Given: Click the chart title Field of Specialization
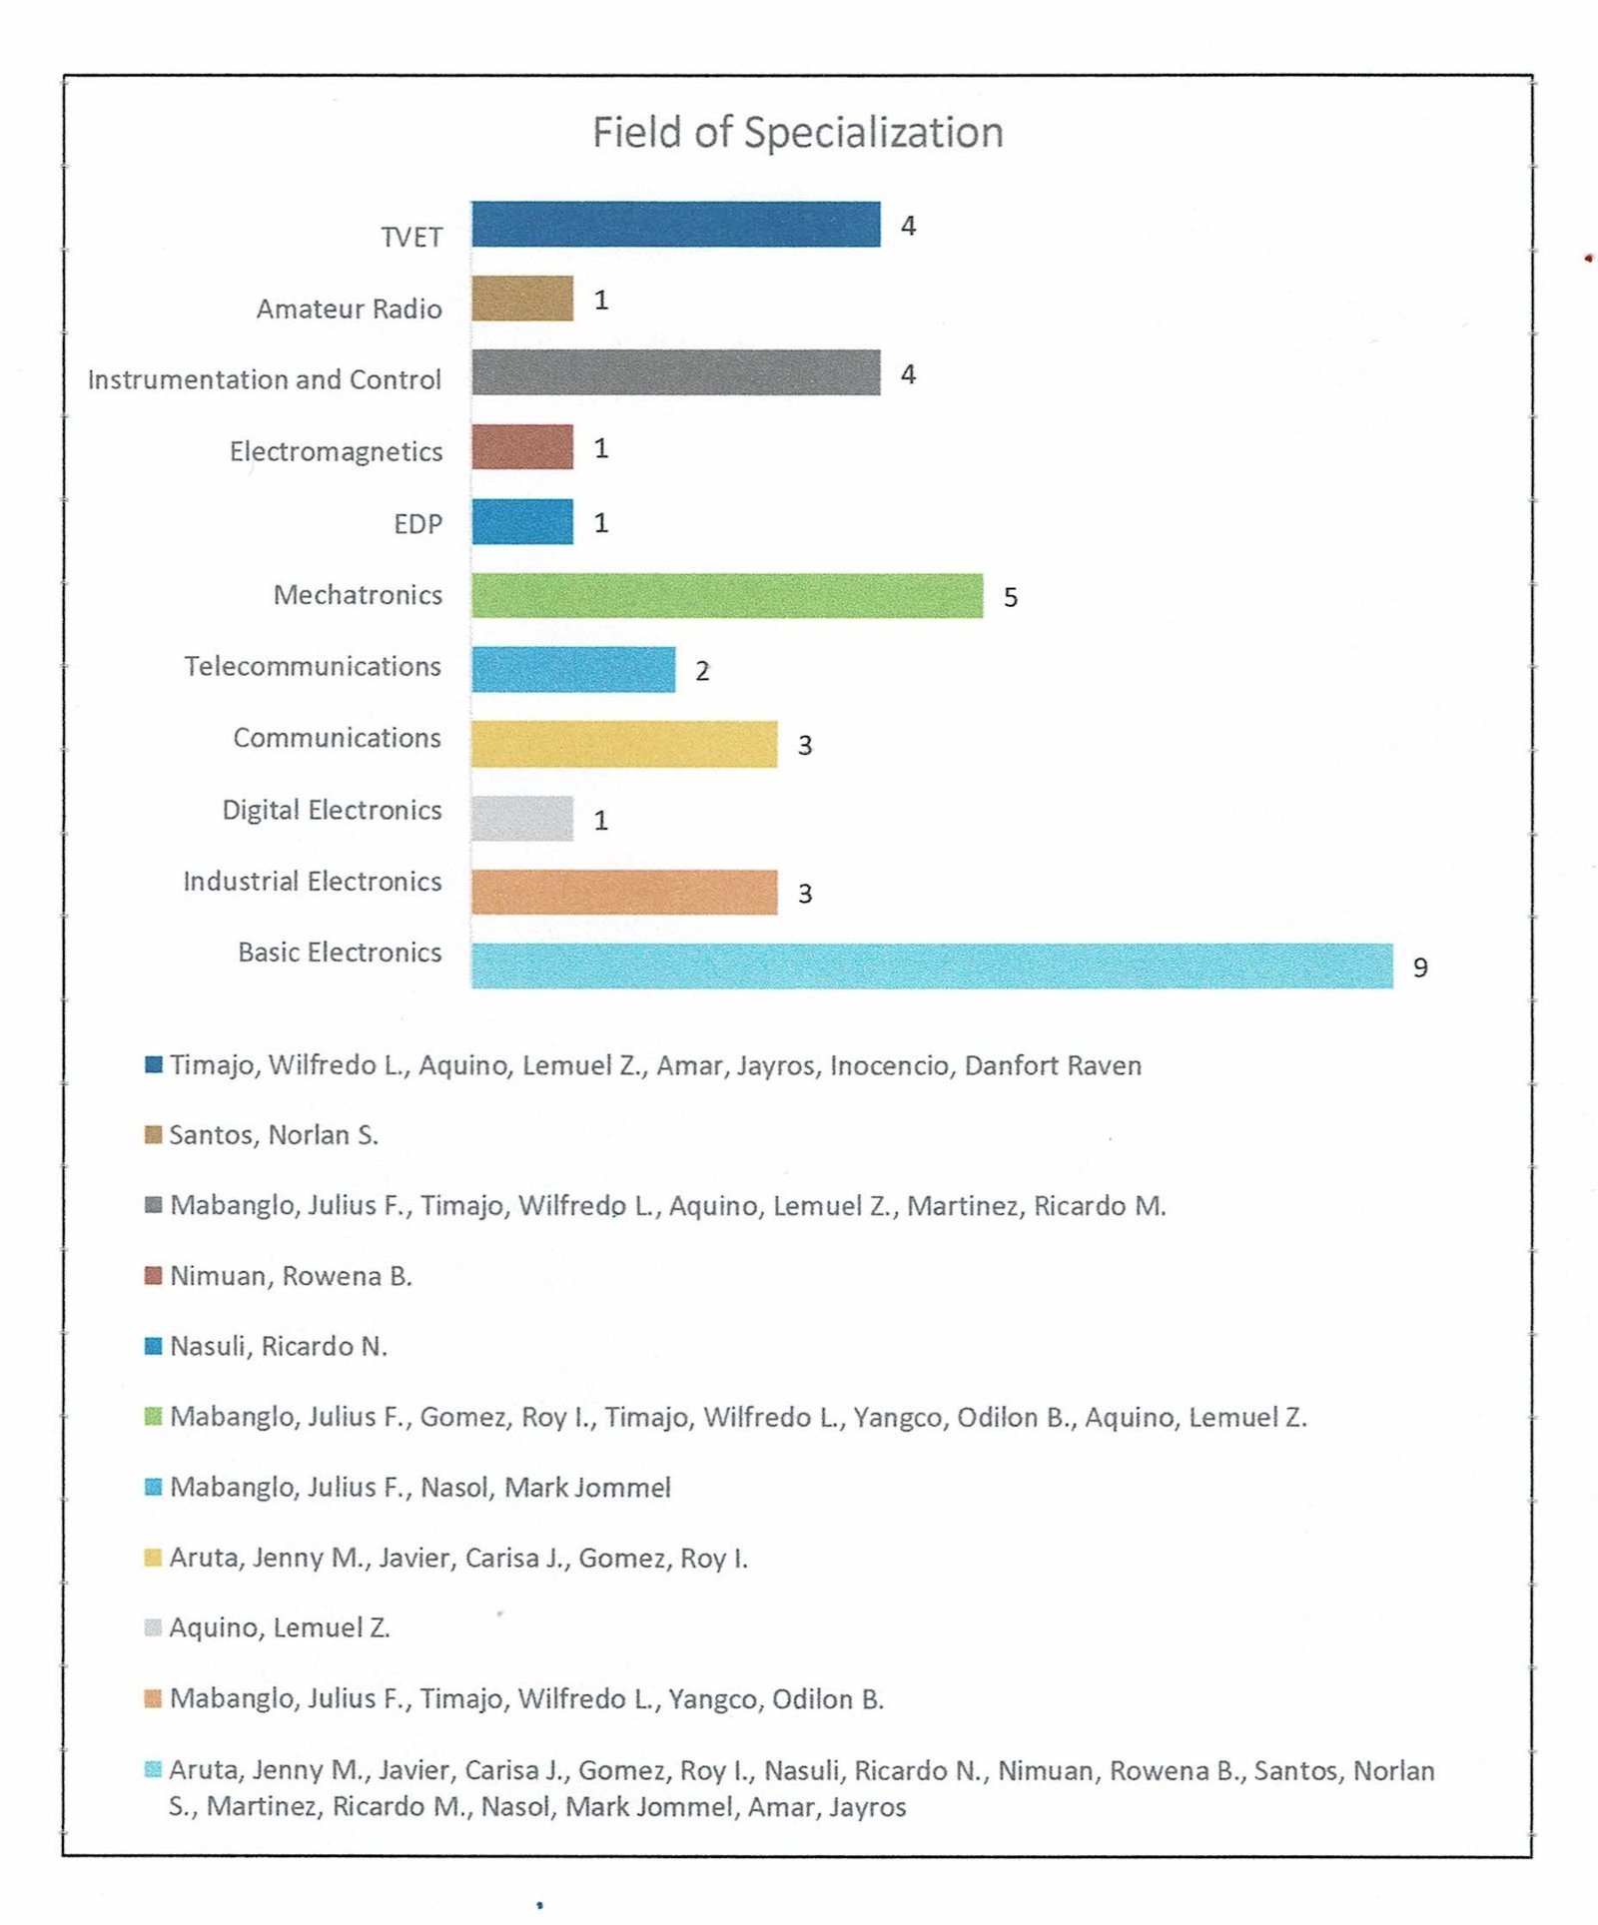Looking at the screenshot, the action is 798,132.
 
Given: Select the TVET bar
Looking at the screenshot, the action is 676,224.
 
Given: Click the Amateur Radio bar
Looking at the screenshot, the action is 522,299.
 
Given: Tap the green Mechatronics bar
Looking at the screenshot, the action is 727,596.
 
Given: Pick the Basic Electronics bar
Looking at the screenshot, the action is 932,965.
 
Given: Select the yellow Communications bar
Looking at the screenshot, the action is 624,744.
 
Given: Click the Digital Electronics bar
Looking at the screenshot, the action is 522,819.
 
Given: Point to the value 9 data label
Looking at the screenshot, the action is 1420,967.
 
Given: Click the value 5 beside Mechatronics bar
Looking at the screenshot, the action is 1011,597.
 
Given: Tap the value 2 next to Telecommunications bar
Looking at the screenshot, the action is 702,671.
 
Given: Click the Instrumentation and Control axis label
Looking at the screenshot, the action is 265,379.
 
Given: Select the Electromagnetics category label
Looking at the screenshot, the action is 336,451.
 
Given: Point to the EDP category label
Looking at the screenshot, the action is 417,523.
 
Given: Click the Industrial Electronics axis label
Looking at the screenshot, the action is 313,881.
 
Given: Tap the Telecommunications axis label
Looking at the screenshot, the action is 313,666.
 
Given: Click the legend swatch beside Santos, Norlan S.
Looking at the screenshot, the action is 153,1135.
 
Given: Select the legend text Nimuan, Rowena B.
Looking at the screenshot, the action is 291,1276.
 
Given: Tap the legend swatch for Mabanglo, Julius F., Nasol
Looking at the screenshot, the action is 153,1487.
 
